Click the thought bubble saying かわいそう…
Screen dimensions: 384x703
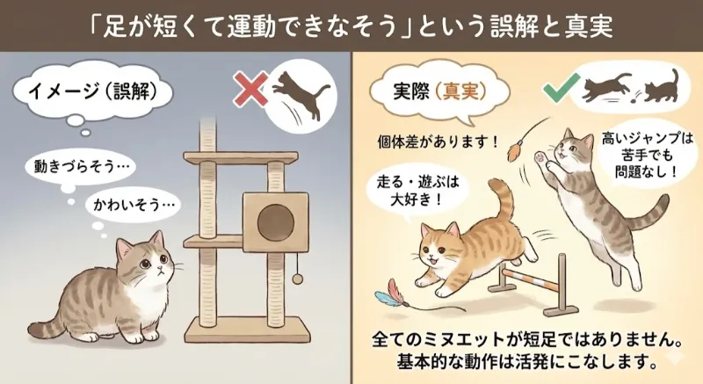point(130,207)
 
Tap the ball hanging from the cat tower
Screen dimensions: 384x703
point(297,278)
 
